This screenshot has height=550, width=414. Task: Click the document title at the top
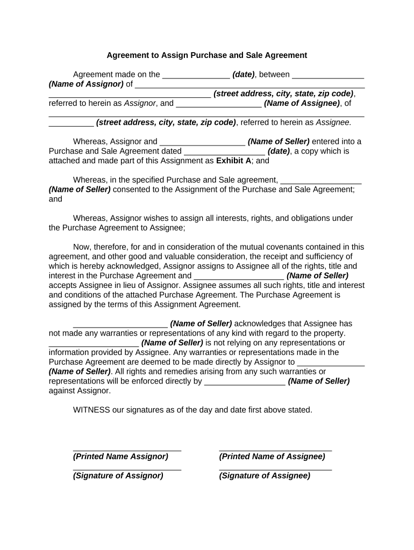[206, 55]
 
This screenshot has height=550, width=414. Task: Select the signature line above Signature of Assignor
[127, 469]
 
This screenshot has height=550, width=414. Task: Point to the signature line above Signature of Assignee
[275, 469]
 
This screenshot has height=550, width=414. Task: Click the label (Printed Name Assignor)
[120, 457]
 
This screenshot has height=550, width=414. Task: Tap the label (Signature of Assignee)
[265, 476]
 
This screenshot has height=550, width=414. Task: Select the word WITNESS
[91, 410]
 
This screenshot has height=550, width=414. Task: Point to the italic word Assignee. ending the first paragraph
[333, 122]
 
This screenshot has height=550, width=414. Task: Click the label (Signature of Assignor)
[118, 476]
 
